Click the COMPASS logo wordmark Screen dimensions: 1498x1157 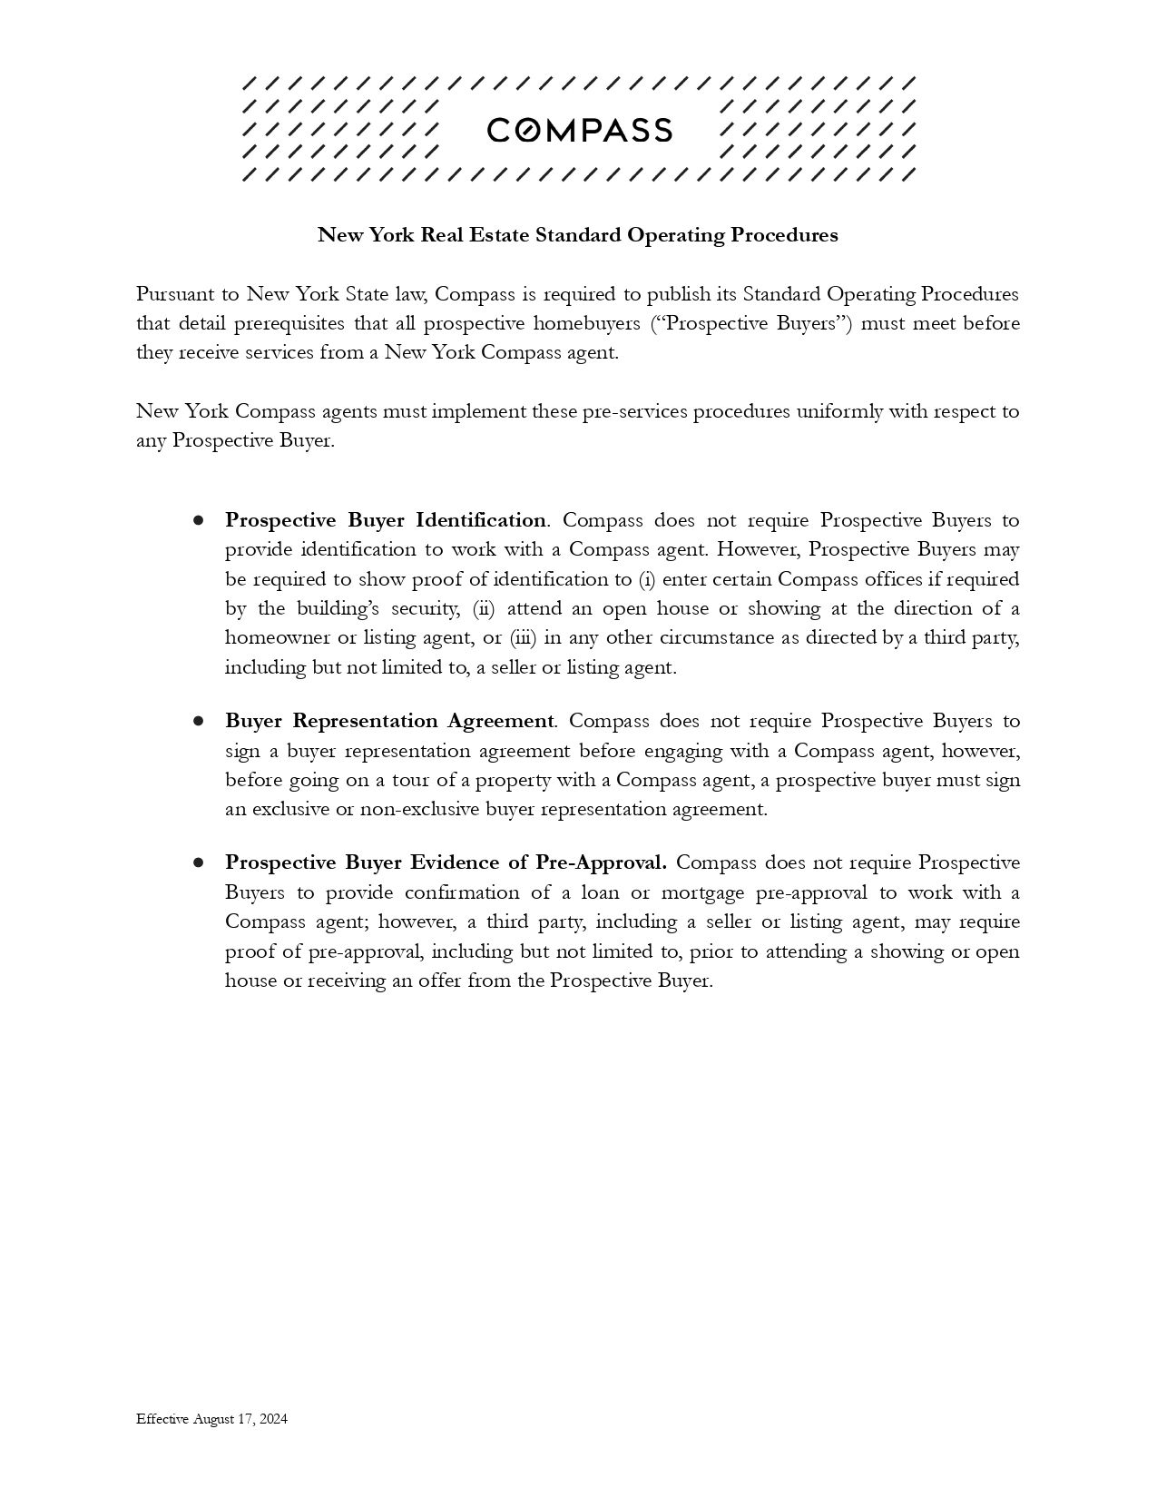pos(579,131)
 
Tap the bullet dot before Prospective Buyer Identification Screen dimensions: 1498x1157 pos(198,520)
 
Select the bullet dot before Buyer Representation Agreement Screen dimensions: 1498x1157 pos(198,721)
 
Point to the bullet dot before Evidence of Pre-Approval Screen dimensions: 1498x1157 pos(198,862)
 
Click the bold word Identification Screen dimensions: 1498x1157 pos(481,520)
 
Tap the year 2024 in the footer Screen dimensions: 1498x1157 pos(273,1419)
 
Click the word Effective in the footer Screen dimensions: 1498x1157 pos(162,1419)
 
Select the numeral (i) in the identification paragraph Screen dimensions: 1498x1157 pos(647,579)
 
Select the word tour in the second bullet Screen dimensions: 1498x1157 pos(410,780)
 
